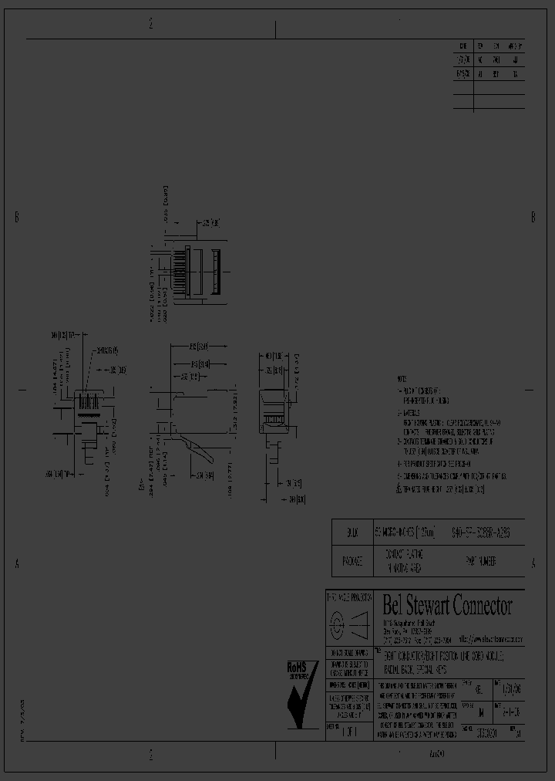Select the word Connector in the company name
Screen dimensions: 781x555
[x=486, y=606]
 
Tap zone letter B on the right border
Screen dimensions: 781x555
[x=533, y=218]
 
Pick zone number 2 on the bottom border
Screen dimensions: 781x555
[x=151, y=754]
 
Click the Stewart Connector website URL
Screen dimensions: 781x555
[x=490, y=640]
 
